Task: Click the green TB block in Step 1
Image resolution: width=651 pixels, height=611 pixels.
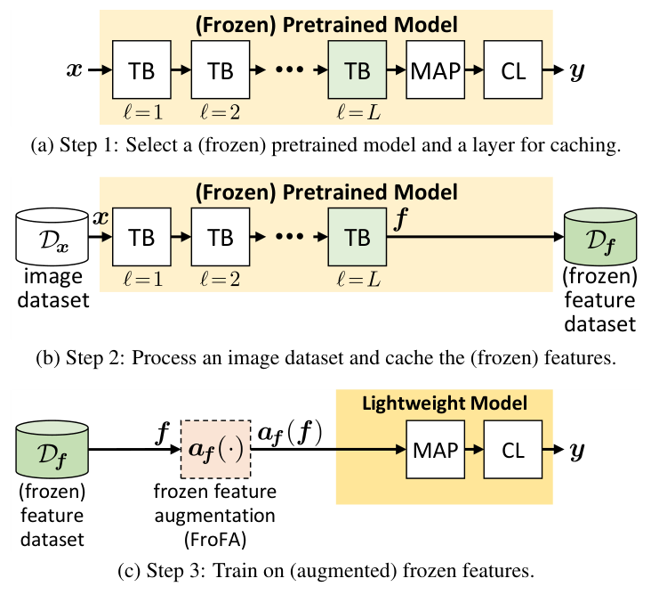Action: [x=357, y=69]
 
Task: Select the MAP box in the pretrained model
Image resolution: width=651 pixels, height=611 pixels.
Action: [x=435, y=69]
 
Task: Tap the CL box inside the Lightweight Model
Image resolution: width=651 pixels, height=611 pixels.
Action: [x=513, y=450]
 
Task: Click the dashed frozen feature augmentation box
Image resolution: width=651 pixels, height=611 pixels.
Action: [x=216, y=449]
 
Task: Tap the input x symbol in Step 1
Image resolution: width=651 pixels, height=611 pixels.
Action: [x=76, y=69]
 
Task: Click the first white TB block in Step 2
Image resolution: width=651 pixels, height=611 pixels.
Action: [x=141, y=238]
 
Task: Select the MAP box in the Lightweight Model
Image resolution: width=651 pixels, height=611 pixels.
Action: [x=435, y=450]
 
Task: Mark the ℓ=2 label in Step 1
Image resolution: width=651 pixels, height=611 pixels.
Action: [x=219, y=113]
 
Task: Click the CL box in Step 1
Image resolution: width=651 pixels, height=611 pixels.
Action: [x=513, y=69]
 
